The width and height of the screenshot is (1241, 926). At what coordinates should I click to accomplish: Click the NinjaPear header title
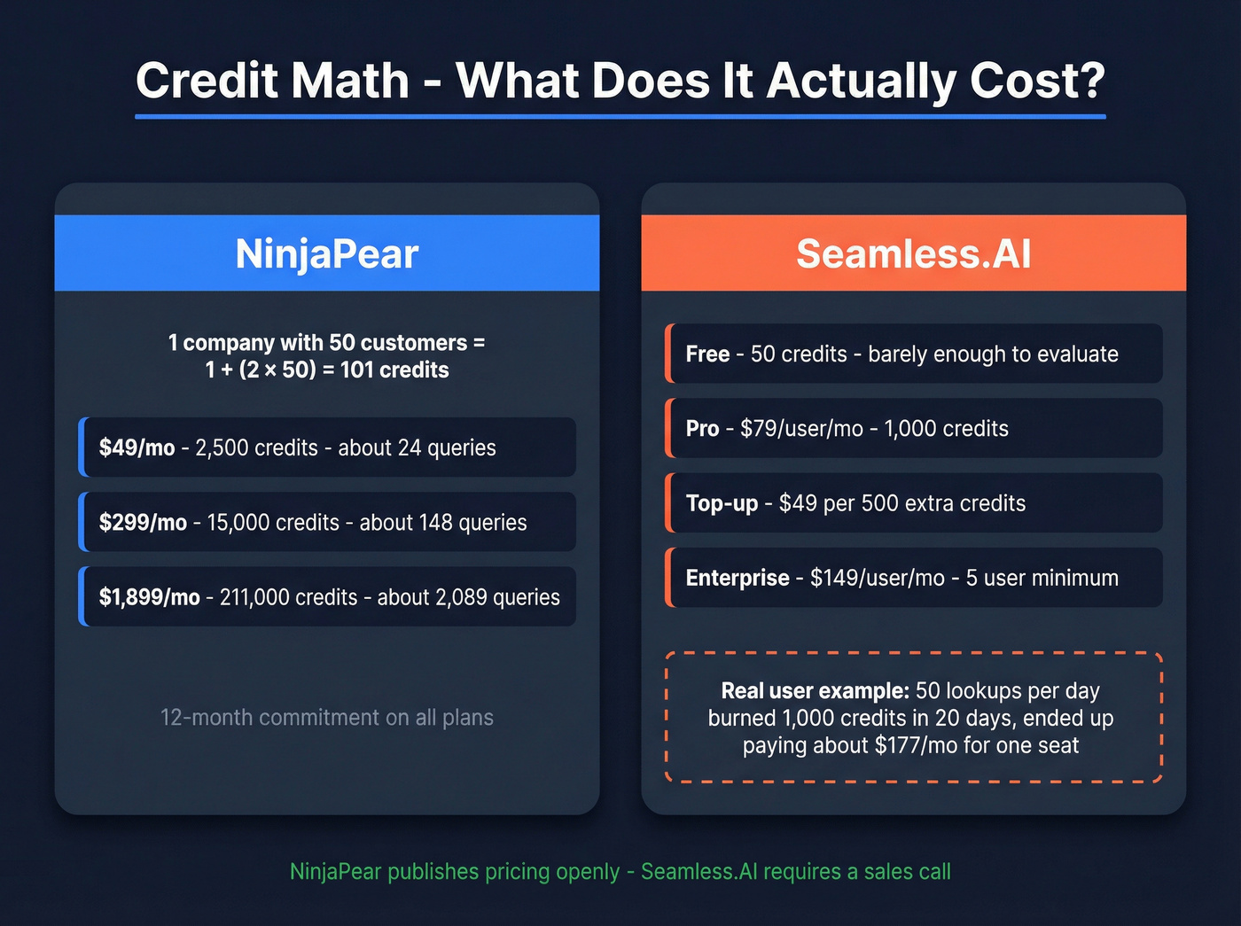coord(327,254)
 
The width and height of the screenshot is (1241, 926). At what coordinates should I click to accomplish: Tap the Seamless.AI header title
coord(913,254)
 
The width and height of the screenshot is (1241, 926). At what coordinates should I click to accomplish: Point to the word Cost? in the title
coord(1037,81)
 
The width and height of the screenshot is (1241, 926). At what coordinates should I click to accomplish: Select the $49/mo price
coord(137,448)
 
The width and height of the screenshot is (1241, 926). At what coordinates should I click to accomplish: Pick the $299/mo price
coord(143,523)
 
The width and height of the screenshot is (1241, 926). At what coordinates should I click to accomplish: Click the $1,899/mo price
coord(149,597)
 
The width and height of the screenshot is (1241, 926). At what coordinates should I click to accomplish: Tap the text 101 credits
coord(394,370)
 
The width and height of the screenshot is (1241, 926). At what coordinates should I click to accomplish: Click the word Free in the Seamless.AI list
coord(707,354)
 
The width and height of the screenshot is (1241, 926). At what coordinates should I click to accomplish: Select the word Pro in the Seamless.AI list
coord(702,429)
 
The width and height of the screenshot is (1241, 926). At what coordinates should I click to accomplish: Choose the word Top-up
coord(722,503)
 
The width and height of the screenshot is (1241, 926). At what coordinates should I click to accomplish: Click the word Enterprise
coord(738,578)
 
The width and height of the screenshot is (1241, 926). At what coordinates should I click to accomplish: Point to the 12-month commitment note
coord(327,717)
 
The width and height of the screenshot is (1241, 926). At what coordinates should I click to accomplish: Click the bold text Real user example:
coord(815,690)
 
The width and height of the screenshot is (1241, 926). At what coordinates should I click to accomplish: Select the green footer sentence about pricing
coord(620,872)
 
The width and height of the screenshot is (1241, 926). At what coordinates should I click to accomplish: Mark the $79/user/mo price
coord(801,429)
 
